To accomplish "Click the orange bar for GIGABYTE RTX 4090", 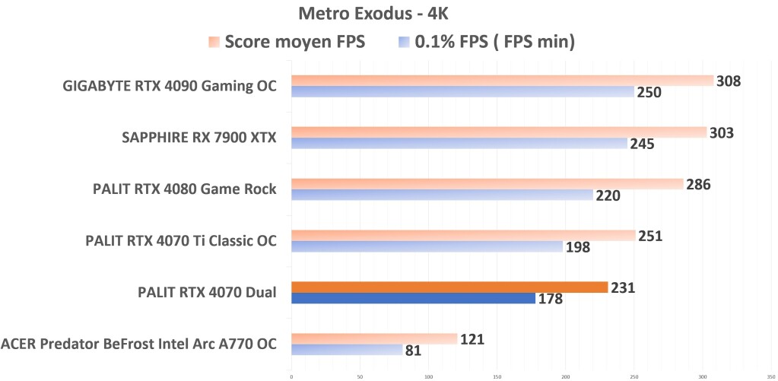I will (x=502, y=81).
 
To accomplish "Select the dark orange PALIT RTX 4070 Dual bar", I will (x=449, y=287).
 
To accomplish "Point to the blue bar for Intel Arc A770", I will (x=347, y=350).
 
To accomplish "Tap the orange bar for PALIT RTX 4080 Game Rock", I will (x=487, y=183).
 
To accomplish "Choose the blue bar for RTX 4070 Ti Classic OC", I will (x=427, y=246).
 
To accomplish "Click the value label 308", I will (x=729, y=81).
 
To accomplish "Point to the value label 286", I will (x=698, y=184).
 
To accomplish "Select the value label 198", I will (x=578, y=247).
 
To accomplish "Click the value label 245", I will (x=643, y=144).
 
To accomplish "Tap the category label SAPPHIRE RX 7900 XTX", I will (x=199, y=138).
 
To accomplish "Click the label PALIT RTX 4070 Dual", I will (x=207, y=293).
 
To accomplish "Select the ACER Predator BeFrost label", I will (x=138, y=344).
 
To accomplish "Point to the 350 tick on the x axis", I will (x=770, y=376).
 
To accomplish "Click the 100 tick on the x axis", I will (x=428, y=376).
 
